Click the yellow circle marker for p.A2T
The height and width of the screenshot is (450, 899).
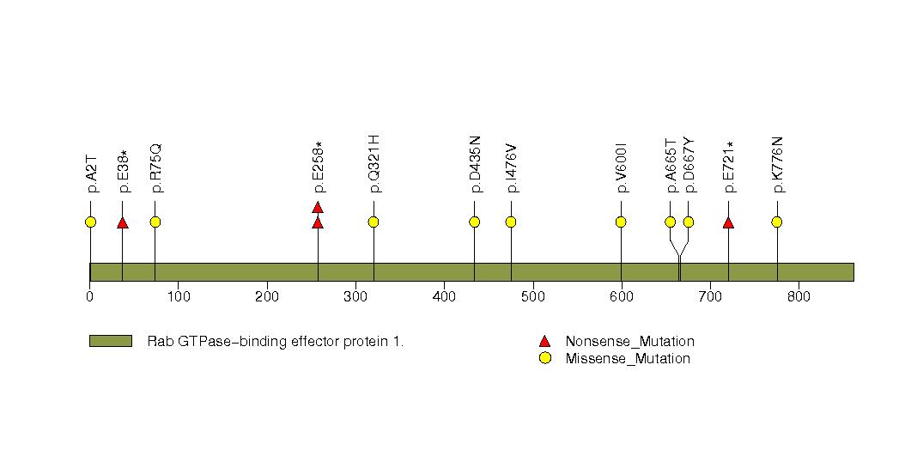pyautogui.click(x=90, y=222)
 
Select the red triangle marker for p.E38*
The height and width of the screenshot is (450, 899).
pyautogui.click(x=123, y=223)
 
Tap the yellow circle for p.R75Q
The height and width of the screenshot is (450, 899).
pyautogui.click(x=155, y=222)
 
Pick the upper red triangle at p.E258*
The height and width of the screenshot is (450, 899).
pyautogui.click(x=318, y=207)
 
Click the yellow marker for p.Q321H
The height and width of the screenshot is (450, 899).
pyautogui.click(x=374, y=222)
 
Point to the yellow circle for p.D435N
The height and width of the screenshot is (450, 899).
pyautogui.click(x=475, y=222)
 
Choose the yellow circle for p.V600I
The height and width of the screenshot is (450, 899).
pyautogui.click(x=621, y=222)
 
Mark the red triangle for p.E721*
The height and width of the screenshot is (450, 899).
pyautogui.click(x=728, y=223)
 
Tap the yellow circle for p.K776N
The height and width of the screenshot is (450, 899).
pyautogui.click(x=777, y=222)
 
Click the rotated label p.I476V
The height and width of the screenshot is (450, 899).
pyautogui.click(x=512, y=163)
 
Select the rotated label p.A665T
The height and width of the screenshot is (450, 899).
pyautogui.click(x=671, y=163)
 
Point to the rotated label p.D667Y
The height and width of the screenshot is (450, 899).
pyautogui.click(x=689, y=163)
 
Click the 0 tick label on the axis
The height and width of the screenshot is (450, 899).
pyautogui.click(x=90, y=297)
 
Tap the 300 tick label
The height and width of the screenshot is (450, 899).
pyautogui.click(x=355, y=297)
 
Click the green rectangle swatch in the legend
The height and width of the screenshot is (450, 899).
pyautogui.click(x=111, y=341)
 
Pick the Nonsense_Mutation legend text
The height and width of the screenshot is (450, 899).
pyautogui.click(x=629, y=342)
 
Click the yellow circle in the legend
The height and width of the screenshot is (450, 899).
pyautogui.click(x=544, y=358)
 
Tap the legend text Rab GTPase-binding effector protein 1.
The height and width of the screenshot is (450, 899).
pyautogui.click(x=276, y=342)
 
